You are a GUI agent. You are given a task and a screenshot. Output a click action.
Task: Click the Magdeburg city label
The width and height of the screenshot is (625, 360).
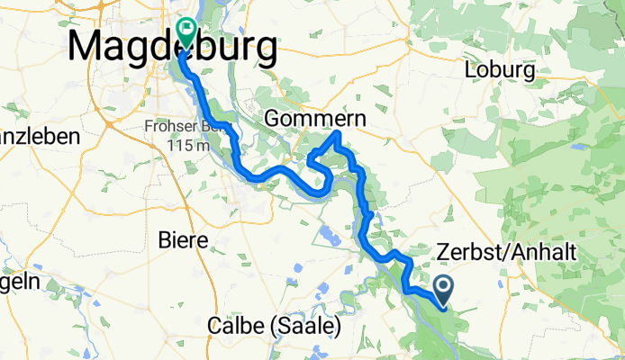tap(171, 47)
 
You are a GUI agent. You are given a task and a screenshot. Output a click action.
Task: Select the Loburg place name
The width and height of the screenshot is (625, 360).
tap(499, 70)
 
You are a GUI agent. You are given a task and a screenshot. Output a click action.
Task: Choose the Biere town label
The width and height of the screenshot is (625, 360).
tap(183, 240)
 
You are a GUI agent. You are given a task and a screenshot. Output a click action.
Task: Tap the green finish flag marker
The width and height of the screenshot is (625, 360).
tap(187, 31)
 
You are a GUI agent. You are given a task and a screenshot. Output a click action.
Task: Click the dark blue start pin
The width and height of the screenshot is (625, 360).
tap(445, 289)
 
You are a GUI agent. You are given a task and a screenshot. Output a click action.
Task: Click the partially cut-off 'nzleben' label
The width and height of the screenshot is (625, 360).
tap(40, 137)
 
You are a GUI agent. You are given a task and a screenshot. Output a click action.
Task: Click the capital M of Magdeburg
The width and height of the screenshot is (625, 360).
tap(86, 47)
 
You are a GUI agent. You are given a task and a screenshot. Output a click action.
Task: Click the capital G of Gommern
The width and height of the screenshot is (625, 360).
tap(276, 119)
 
